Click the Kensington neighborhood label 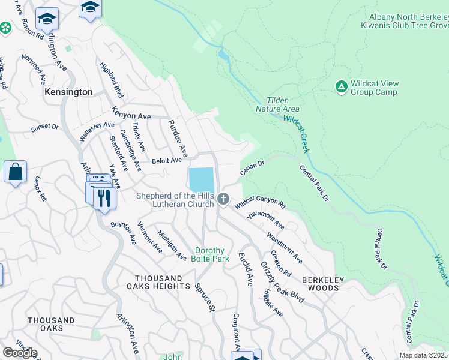pyautogui.click(x=69, y=92)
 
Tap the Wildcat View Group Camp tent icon pyautogui.click(x=341, y=88)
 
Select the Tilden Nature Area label pyautogui.click(x=277, y=104)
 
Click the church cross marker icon pyautogui.click(x=223, y=199)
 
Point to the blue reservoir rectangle pyautogui.click(x=201, y=179)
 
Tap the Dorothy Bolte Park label pyautogui.click(x=210, y=254)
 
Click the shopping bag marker pyautogui.click(x=15, y=172)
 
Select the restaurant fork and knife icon pyautogui.click(x=104, y=199)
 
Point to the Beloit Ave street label pyautogui.click(x=166, y=161)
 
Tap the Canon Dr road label pyautogui.click(x=253, y=167)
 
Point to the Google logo pyautogui.click(x=19, y=353)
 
